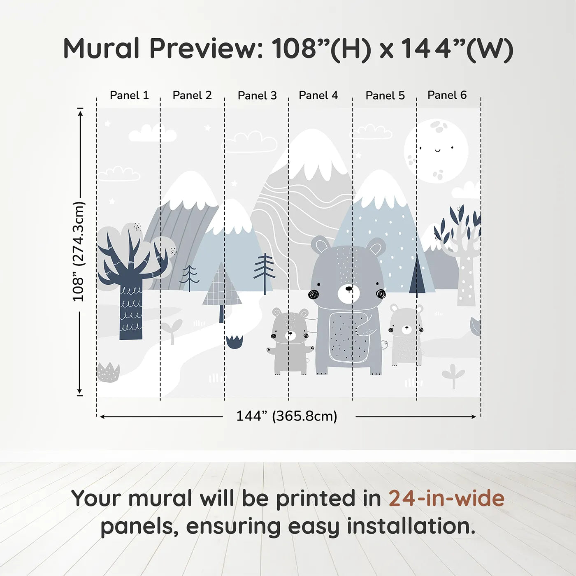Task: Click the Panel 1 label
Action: [x=129, y=95]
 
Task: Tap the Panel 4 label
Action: [x=318, y=95]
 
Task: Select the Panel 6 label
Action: [x=447, y=95]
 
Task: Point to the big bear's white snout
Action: [x=348, y=293]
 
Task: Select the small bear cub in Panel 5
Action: [x=406, y=335]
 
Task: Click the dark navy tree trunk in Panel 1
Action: [x=131, y=313]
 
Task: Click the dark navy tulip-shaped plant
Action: [x=235, y=342]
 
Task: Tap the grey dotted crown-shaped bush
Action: [x=108, y=372]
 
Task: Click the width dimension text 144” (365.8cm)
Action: [x=286, y=416]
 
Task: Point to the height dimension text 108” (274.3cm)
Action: [x=78, y=251]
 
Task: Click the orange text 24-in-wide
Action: [x=446, y=498]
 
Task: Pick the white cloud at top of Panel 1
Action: [x=152, y=133]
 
